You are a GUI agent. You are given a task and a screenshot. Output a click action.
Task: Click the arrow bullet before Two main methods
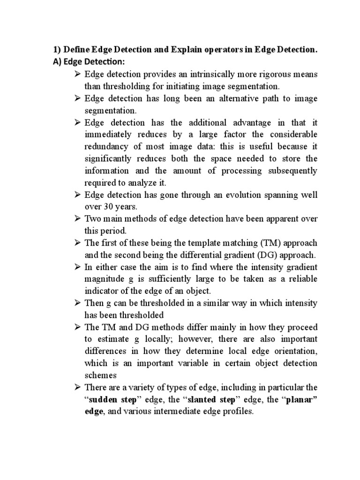point(78,219)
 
